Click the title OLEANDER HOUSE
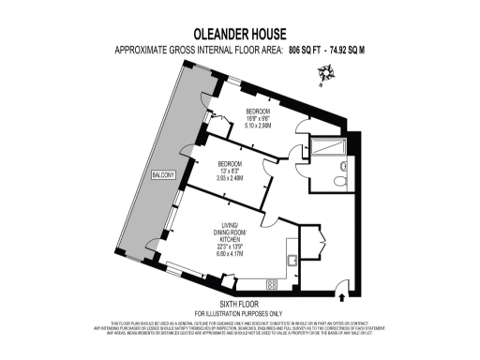[x=240, y=33]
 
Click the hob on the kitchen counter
[x=275, y=284]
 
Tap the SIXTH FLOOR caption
[x=239, y=305]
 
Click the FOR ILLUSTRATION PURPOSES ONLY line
[x=239, y=313]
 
